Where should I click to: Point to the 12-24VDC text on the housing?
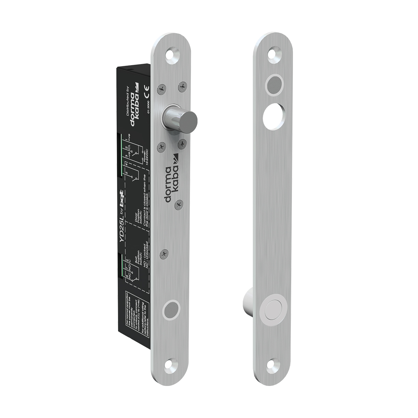coord(147,157)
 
